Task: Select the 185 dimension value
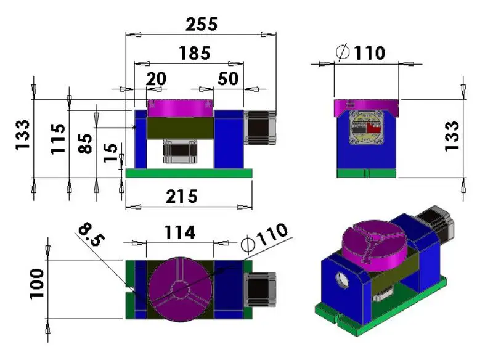(x=194, y=53)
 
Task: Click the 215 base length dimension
(x=182, y=196)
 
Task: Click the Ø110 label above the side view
(x=361, y=53)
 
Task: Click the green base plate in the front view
(x=189, y=173)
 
